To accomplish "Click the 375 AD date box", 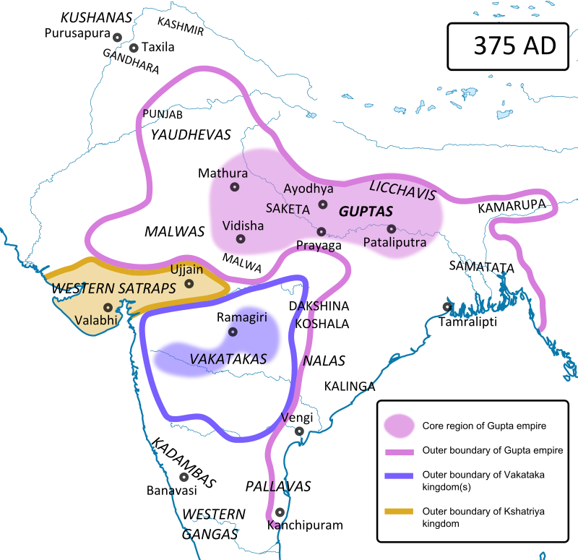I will (x=514, y=46).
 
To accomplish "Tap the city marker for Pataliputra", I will (x=391, y=229).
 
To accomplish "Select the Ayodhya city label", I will (x=309, y=189).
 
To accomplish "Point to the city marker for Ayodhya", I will (x=323, y=204).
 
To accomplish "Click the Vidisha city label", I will (x=243, y=225).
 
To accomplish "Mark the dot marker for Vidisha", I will (x=241, y=239).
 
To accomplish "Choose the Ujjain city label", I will (x=186, y=270).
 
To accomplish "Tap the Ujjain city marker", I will (x=189, y=284).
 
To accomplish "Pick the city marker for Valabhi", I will (x=108, y=308).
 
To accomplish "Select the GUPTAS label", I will (x=366, y=212).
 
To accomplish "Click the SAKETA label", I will (x=288, y=208).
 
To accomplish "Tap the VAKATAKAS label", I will (x=228, y=359).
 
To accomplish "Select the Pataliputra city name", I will (x=394, y=243).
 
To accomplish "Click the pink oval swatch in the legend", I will (x=400, y=426).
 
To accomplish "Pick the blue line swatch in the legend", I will (x=400, y=475).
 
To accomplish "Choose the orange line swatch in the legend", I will (x=400, y=512).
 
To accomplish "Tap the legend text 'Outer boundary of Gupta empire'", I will (x=492, y=450).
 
